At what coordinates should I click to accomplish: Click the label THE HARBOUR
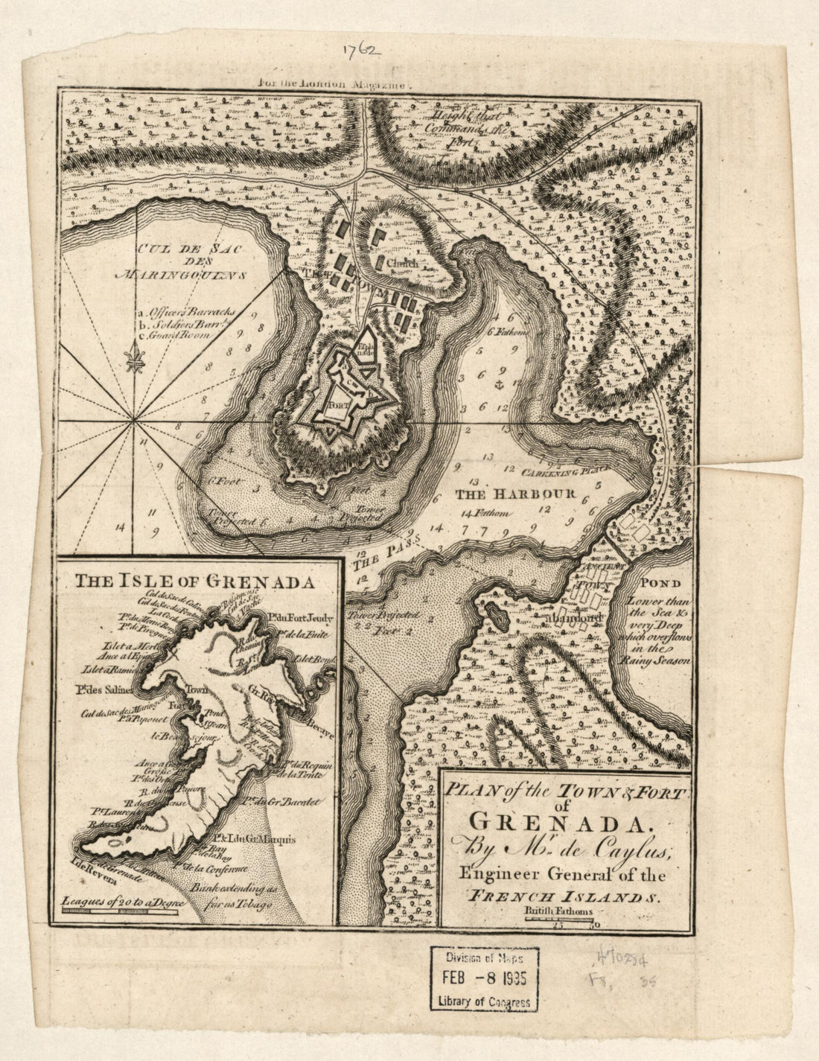click(515, 494)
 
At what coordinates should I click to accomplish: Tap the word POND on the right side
click(641, 584)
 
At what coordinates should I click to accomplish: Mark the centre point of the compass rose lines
click(134, 421)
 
